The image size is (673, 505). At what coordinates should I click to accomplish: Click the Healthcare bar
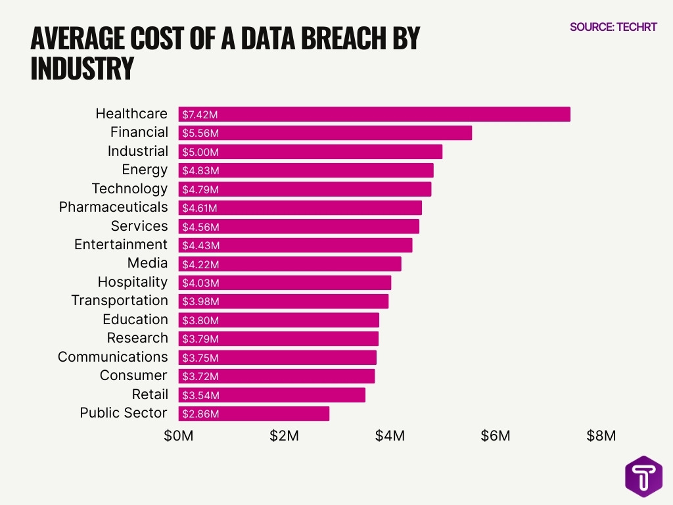pyautogui.click(x=374, y=114)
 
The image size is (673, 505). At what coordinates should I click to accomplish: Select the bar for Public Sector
pyautogui.click(x=254, y=414)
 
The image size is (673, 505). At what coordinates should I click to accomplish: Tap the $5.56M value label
pyautogui.click(x=200, y=133)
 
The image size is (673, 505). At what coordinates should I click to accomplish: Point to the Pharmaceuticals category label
pyautogui.click(x=113, y=207)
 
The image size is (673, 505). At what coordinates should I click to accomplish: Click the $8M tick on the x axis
pyautogui.click(x=601, y=437)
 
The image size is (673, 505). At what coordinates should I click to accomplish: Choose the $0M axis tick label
pyautogui.click(x=179, y=437)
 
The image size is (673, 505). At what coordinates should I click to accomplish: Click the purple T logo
pyautogui.click(x=643, y=475)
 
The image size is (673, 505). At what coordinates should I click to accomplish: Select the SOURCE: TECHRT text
pyautogui.click(x=613, y=28)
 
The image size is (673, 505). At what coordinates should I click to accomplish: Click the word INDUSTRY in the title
pyautogui.click(x=82, y=69)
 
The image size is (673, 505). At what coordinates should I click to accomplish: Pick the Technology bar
pyautogui.click(x=305, y=189)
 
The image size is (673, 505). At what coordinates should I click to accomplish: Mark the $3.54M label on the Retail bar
pyautogui.click(x=200, y=395)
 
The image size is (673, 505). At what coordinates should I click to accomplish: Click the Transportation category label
pyautogui.click(x=120, y=301)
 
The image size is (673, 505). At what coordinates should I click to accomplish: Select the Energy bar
pyautogui.click(x=306, y=170)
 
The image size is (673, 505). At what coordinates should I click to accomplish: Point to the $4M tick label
pyautogui.click(x=390, y=437)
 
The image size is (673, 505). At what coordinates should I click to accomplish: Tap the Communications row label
pyautogui.click(x=112, y=357)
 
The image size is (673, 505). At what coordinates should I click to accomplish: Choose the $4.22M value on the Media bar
pyautogui.click(x=200, y=264)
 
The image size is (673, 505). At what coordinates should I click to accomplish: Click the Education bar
pyautogui.click(x=279, y=320)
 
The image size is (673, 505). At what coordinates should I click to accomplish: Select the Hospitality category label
pyautogui.click(x=133, y=282)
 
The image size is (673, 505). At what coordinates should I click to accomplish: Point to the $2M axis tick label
pyautogui.click(x=284, y=437)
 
